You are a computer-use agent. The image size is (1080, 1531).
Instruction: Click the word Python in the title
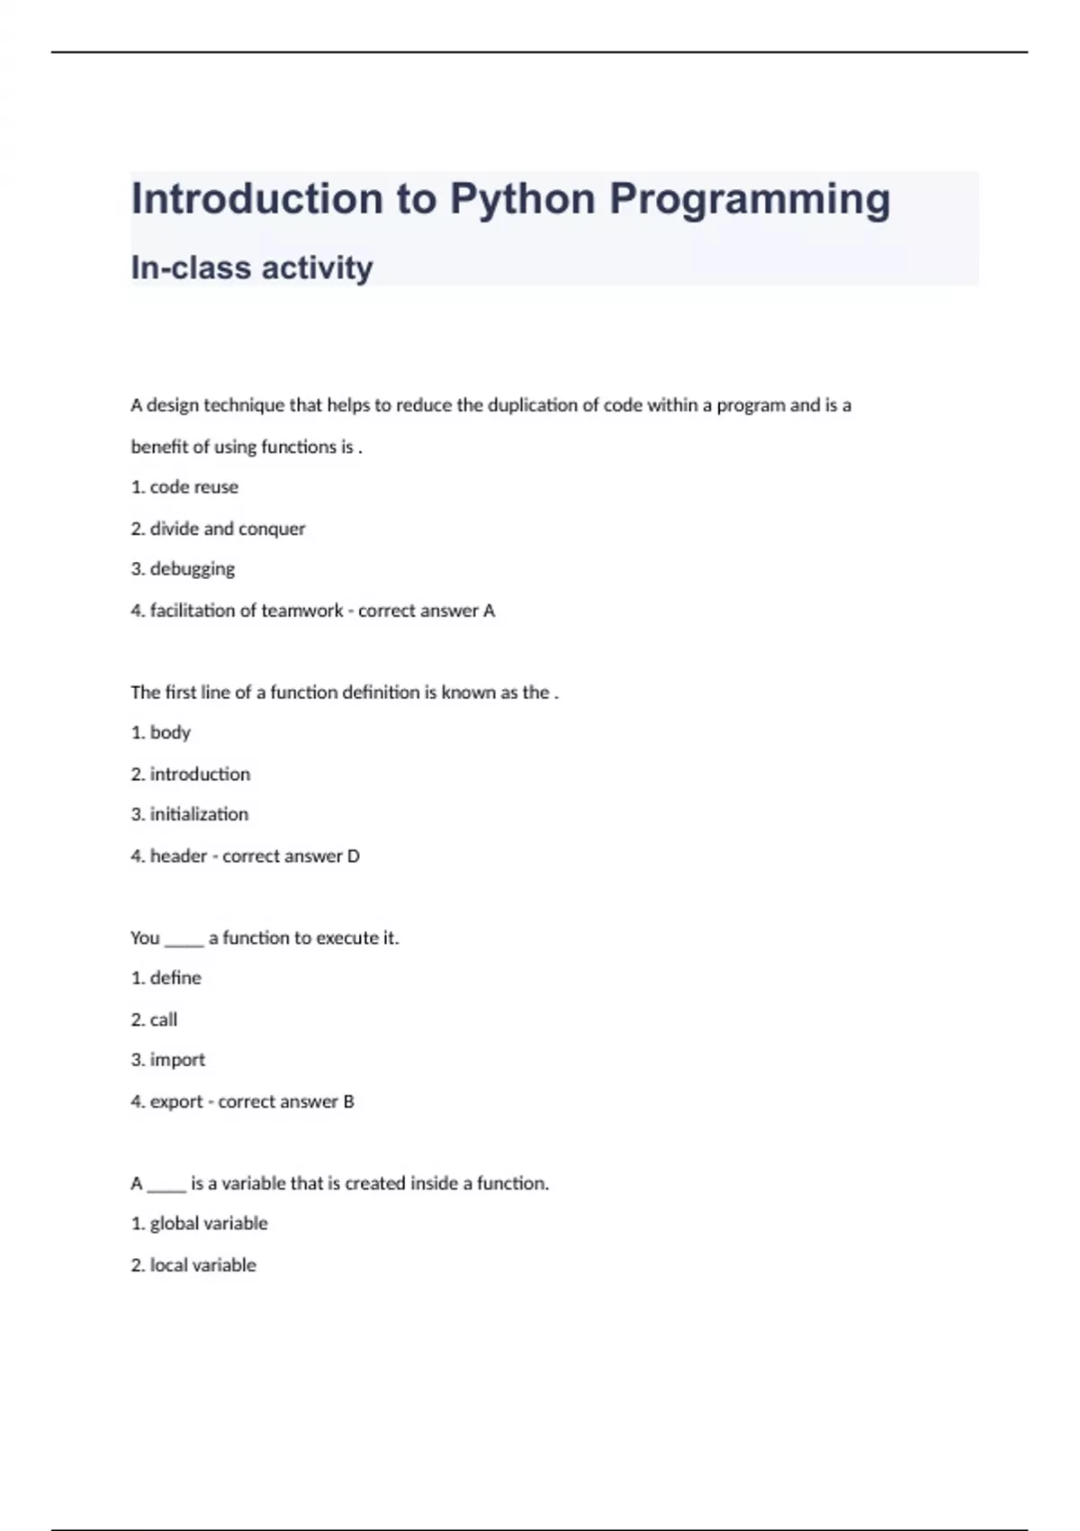point(522,200)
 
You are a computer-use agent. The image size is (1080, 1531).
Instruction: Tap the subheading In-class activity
point(252,267)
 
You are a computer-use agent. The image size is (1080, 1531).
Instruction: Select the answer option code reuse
point(193,487)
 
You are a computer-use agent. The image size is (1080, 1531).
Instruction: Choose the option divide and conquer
point(227,529)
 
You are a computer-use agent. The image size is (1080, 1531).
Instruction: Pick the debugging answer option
point(192,569)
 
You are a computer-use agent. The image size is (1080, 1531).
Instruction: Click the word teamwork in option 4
point(301,611)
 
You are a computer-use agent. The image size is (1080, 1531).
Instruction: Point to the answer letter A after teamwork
point(489,611)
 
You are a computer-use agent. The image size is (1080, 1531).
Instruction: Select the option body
point(170,732)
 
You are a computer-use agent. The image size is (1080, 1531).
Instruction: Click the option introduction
point(200,774)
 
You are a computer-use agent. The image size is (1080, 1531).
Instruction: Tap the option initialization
point(199,814)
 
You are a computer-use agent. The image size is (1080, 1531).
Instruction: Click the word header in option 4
point(178,856)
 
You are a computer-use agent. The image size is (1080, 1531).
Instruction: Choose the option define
point(175,978)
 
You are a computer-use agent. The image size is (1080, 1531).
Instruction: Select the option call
point(164,1019)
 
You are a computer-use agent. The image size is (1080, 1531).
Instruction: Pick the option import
point(177,1060)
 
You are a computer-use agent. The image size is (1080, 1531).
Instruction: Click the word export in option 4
point(176,1101)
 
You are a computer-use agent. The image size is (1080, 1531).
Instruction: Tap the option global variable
point(209,1224)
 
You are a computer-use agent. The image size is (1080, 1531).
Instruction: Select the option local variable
point(202,1265)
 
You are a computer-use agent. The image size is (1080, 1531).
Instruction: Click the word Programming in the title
point(750,200)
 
